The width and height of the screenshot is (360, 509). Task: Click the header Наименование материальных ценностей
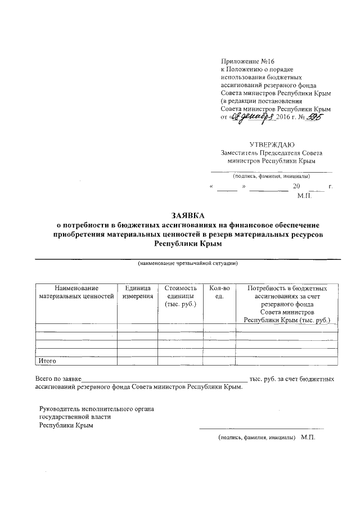pyautogui.click(x=76, y=292)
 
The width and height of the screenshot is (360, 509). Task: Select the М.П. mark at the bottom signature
pyautogui.click(x=309, y=437)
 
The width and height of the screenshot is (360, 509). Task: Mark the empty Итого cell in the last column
pyautogui.click(x=287, y=361)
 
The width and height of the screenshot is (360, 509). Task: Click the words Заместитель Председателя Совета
pyautogui.click(x=271, y=152)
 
